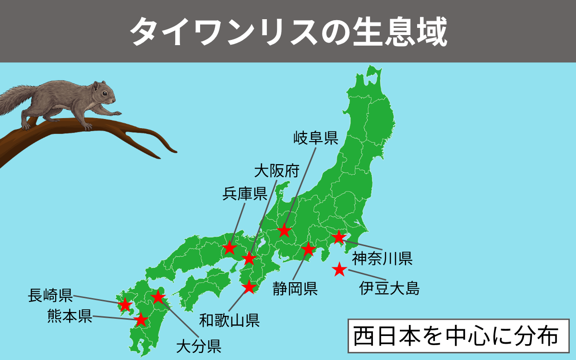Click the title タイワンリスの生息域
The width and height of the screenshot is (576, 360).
pos(288,32)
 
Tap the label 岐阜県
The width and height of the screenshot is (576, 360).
pos(315,138)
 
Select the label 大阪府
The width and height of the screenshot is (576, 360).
pos(276,170)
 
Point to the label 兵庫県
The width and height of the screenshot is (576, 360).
pos(244,193)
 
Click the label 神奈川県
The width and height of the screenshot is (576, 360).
pos(382,259)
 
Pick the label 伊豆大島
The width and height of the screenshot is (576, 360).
pos(389,288)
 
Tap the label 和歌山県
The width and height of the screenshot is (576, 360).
pos(229,320)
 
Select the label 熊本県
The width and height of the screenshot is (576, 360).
pos(70,316)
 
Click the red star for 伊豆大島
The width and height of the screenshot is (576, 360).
pos(339,269)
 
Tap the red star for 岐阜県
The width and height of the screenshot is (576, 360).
pos(284,230)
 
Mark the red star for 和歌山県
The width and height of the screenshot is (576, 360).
pos(249,287)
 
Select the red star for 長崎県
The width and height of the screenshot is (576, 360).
pos(125,304)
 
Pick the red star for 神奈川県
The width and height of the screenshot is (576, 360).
pos(338,237)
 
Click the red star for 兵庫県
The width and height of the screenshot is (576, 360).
pos(229,248)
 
